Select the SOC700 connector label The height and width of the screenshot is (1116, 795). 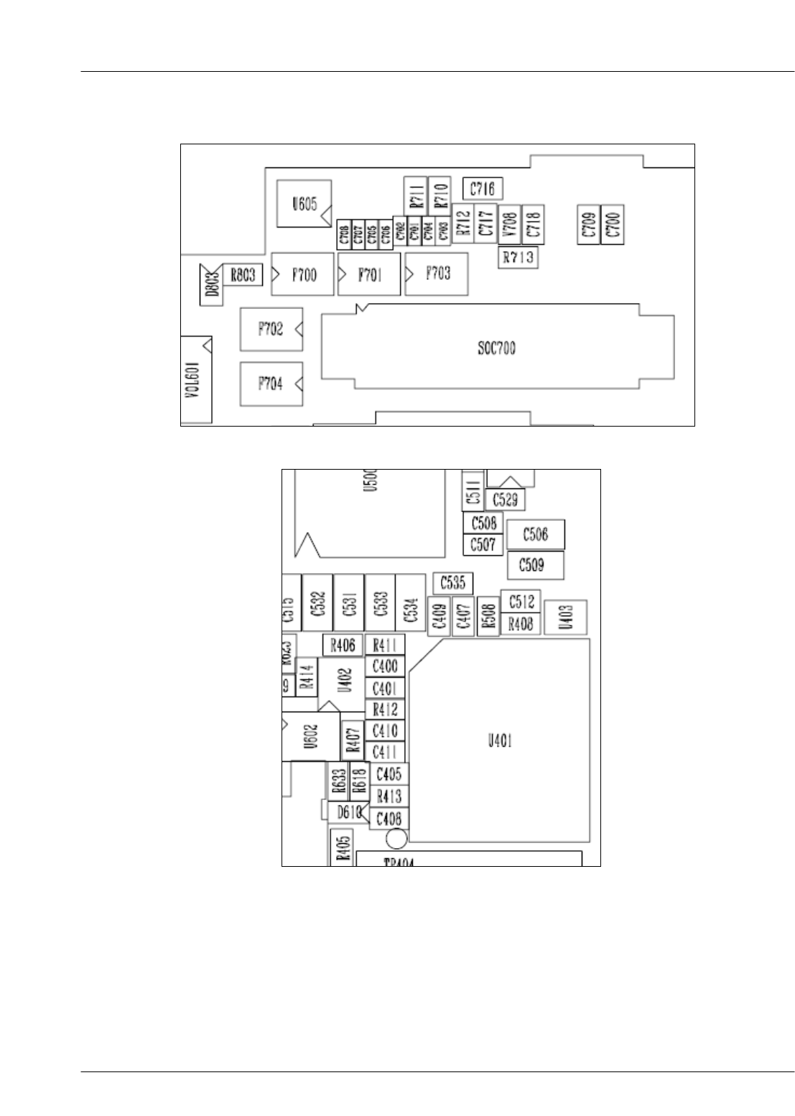497,349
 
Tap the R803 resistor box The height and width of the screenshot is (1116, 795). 243,274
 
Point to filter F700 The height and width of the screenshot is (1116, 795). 303,274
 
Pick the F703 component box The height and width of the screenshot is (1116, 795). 437,274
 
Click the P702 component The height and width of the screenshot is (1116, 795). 271,329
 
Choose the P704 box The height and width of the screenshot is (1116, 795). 271,383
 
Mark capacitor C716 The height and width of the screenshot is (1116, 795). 482,189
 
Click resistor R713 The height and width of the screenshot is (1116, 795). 518,257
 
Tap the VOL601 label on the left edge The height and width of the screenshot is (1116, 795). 196,378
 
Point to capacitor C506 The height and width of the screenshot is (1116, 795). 536,534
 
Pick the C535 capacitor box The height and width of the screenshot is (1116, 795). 452,582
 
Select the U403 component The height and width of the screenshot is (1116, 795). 567,617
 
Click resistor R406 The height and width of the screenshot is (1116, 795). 343,645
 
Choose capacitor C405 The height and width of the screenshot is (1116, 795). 389,773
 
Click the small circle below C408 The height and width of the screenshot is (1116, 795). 396,838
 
